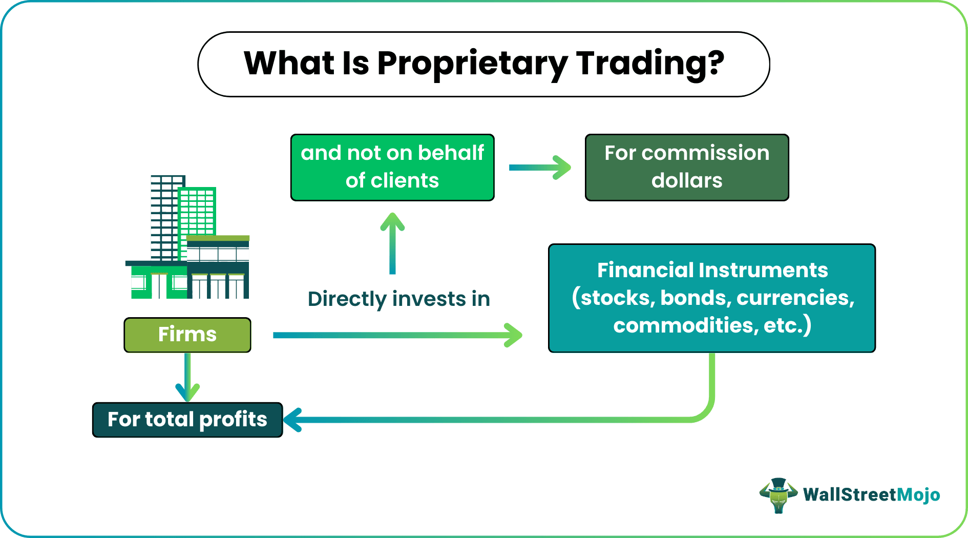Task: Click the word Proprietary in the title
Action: pos(472,65)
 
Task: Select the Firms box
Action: pos(187,335)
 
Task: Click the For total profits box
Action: pos(187,420)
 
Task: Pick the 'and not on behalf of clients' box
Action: pos(392,168)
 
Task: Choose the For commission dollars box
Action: pos(687,168)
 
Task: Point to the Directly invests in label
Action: pos(399,299)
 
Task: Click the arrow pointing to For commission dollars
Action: pos(540,168)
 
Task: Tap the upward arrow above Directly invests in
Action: pos(392,243)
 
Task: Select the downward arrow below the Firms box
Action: pos(187,377)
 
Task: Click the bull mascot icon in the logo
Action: pos(778,495)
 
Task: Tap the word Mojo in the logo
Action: pos(919,495)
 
